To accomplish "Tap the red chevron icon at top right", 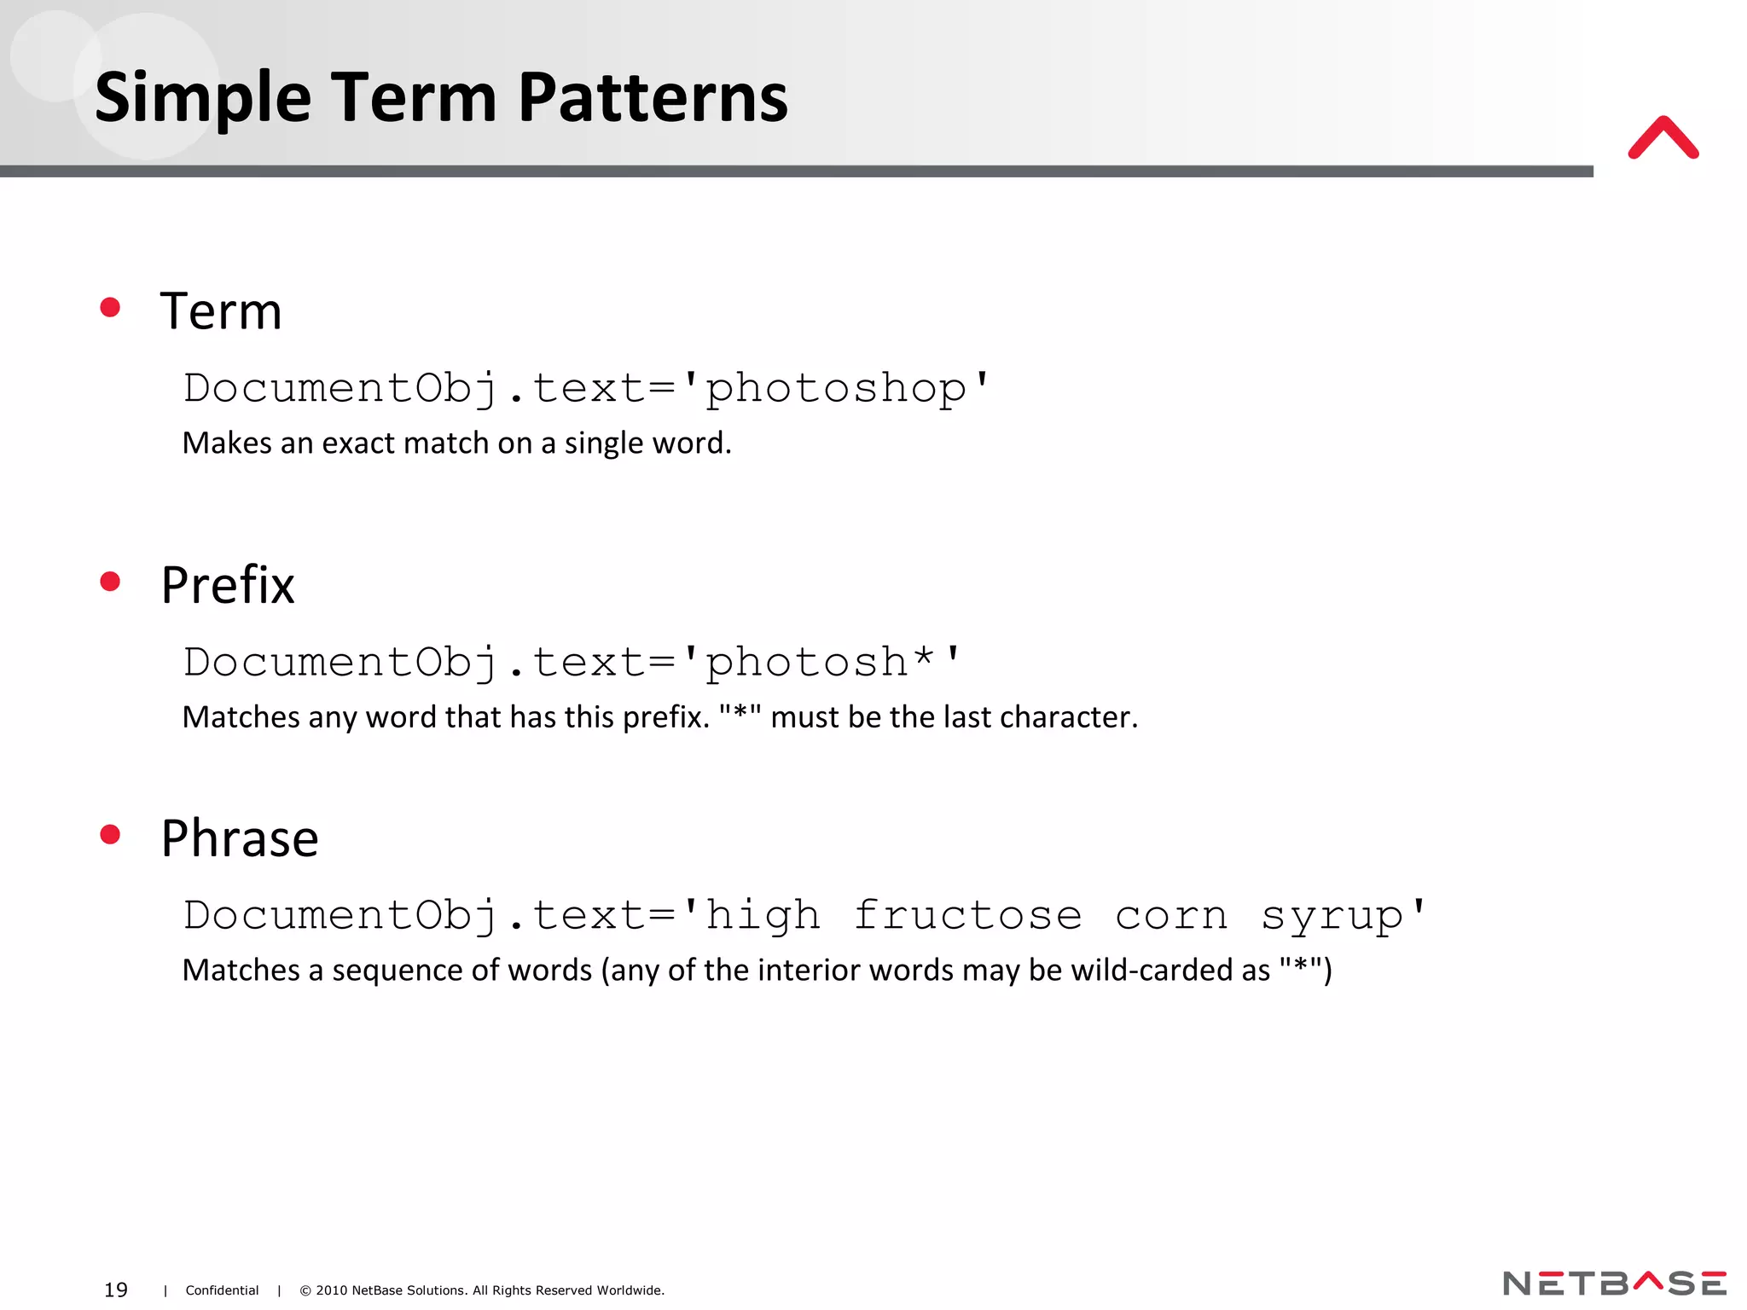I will [x=1663, y=139].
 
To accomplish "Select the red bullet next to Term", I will [x=110, y=307].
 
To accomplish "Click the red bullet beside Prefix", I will [x=110, y=582].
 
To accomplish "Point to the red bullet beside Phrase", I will [x=110, y=834].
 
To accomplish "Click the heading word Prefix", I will [x=228, y=585].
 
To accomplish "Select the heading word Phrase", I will [x=240, y=838].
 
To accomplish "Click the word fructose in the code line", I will [x=967, y=915].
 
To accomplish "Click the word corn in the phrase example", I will [x=1170, y=916].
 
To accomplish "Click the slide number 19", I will [x=116, y=1290].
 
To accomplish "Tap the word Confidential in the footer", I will [x=222, y=1290].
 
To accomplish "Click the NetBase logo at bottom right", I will [x=1614, y=1283].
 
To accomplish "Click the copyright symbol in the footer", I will [x=305, y=1290].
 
